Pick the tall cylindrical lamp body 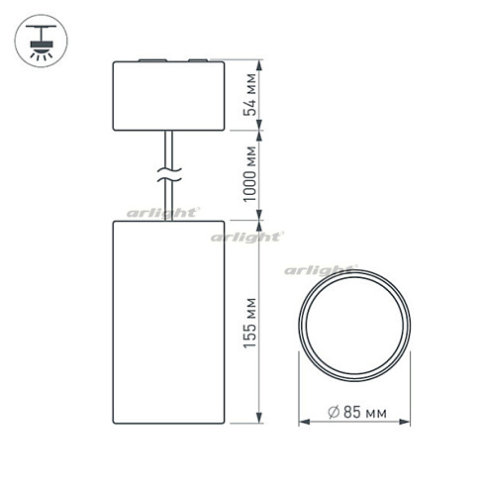[x=171, y=321]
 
